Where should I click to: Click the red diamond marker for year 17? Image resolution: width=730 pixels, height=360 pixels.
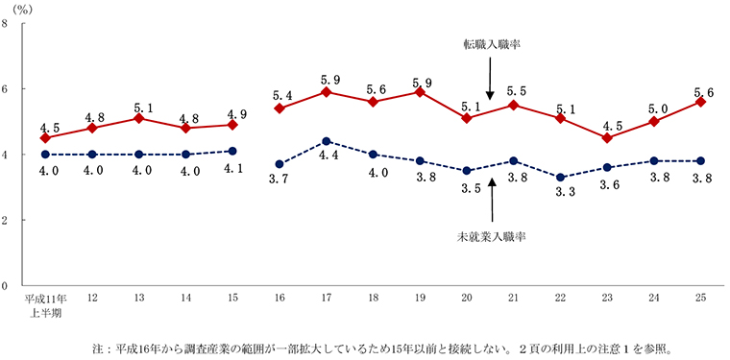[327, 92]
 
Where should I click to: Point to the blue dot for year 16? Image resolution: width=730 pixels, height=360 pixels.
[279, 164]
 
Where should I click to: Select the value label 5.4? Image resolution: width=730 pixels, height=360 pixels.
[281, 96]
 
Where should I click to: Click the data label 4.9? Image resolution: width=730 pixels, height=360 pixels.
[234, 110]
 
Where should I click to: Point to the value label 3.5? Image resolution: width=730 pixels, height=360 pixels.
[468, 189]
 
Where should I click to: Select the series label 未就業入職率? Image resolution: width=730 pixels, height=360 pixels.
[491, 235]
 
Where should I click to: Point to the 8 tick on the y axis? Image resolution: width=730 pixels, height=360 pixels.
[7, 24]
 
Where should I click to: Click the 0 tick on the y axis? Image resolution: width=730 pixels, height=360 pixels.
[7, 286]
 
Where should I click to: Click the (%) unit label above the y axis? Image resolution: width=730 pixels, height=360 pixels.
[19, 8]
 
